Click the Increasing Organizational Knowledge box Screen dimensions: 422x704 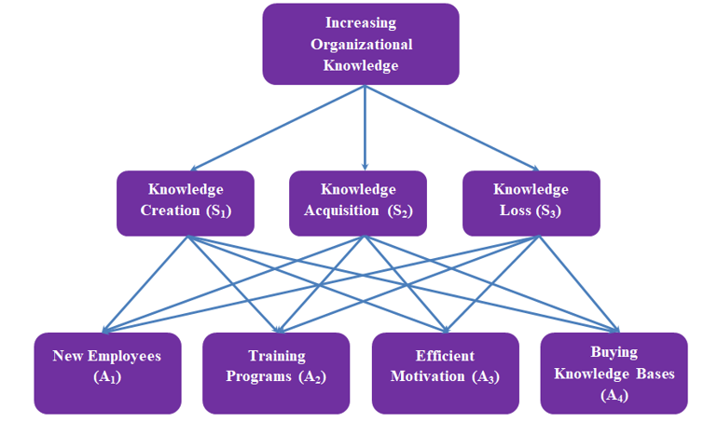pos(361,44)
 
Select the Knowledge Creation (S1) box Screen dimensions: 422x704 pos(185,201)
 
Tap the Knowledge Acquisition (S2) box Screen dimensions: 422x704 pos(357,201)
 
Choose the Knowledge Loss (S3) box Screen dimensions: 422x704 pos(531,201)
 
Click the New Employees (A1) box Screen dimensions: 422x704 pos(107,373)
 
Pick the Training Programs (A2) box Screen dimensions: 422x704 pos(276,373)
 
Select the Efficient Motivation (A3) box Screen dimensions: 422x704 pos(445,373)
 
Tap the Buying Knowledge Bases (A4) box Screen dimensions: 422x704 pos(614,373)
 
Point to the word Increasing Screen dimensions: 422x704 pos(361,22)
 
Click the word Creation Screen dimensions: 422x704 pos(170,211)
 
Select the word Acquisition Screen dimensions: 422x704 pos(343,211)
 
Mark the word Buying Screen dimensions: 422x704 pos(614,352)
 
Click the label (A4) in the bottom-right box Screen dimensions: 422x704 pos(614,395)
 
